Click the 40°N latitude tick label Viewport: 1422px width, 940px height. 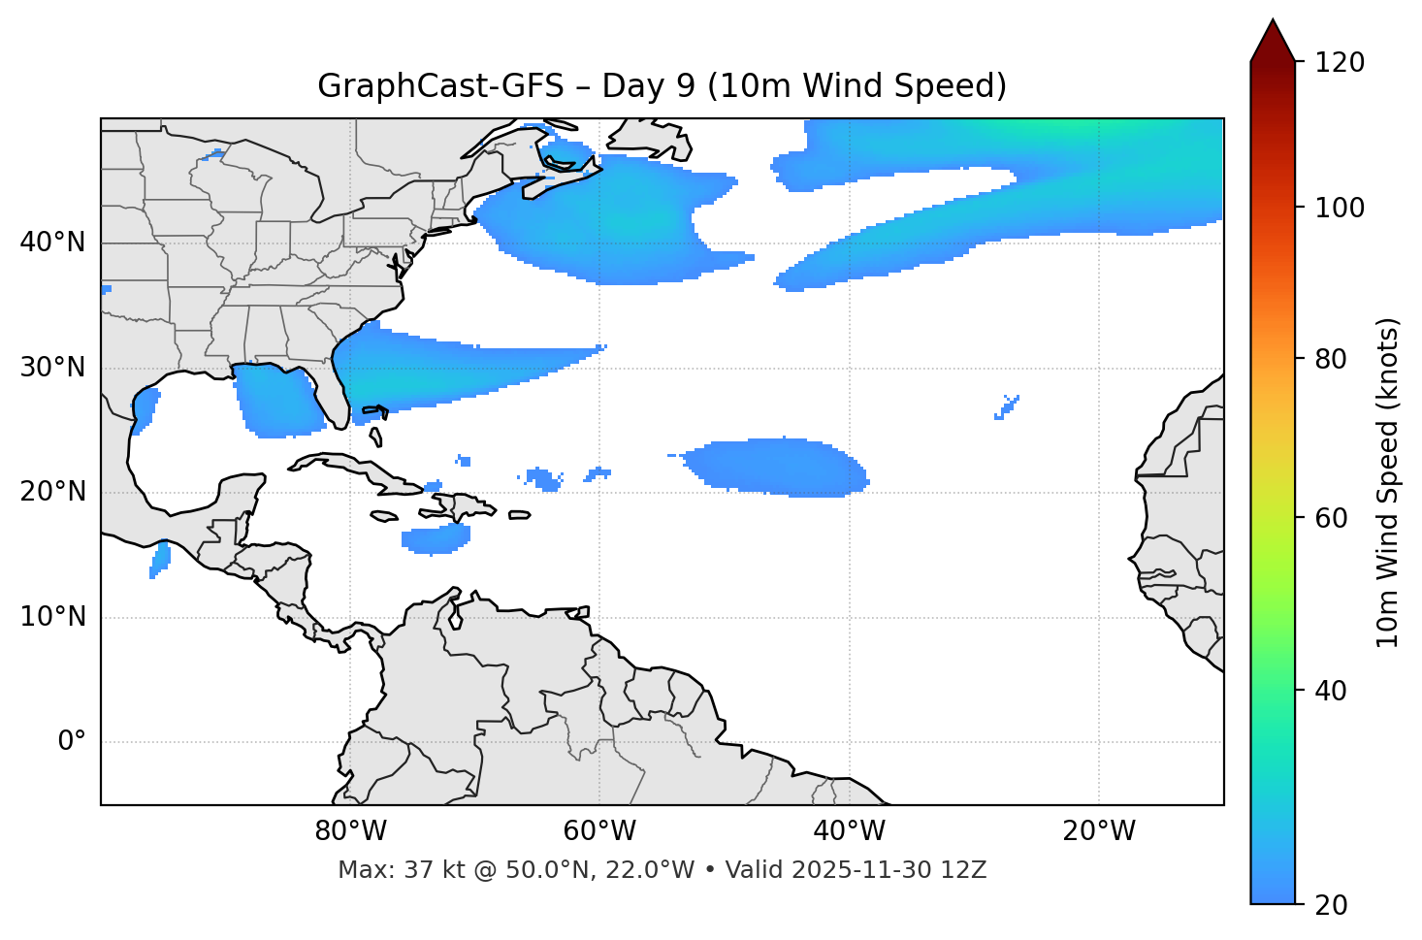click(x=52, y=243)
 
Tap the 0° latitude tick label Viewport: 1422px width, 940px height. click(x=71, y=742)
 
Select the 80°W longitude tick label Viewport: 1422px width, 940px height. click(x=350, y=831)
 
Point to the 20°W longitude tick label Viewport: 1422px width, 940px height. click(x=1099, y=831)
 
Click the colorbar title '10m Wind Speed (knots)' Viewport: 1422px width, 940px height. click(x=1388, y=482)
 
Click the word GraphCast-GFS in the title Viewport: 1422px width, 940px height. click(x=440, y=86)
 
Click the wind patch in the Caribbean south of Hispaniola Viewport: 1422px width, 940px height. click(x=436, y=538)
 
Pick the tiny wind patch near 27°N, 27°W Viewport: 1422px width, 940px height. click(x=1007, y=406)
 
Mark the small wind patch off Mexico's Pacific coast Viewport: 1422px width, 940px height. click(x=160, y=560)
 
